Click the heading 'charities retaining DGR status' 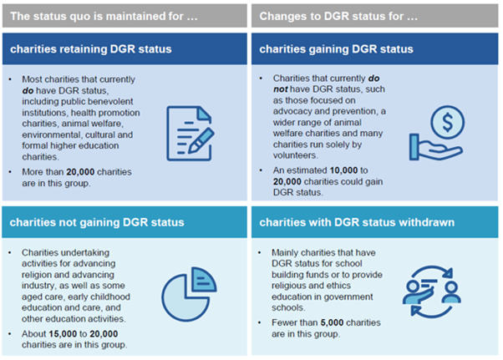click(91, 49)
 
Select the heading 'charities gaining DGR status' click(336, 49)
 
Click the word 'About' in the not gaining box click(38, 332)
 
